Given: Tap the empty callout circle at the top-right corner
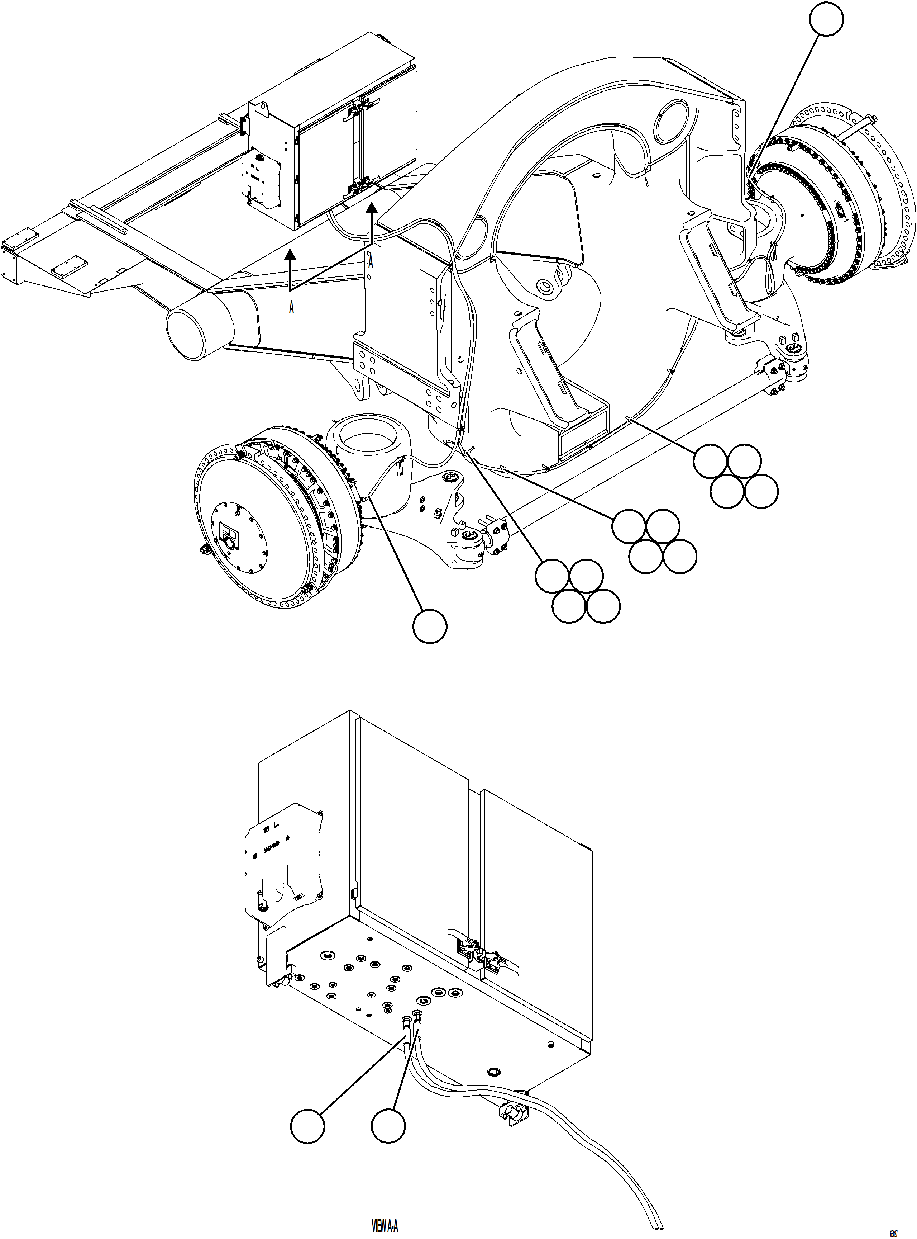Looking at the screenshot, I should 826,19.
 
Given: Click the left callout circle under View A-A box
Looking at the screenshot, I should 307,1126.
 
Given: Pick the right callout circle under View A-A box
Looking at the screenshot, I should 388,1126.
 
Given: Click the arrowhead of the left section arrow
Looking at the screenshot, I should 290,255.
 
